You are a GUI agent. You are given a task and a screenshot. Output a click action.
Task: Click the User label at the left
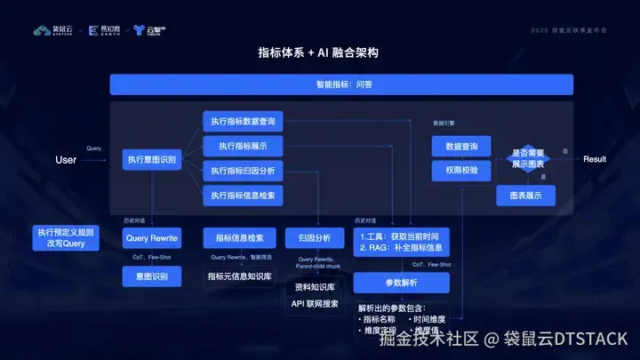pos(66,160)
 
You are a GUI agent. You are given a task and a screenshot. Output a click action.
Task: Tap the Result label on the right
pos(595,159)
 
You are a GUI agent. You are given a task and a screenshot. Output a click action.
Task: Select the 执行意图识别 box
pos(152,160)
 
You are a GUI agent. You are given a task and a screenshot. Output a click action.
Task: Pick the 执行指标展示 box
pos(243,146)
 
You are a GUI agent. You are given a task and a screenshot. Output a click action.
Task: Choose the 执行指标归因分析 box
pos(243,171)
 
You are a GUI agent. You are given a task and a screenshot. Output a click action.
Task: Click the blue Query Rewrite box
pos(152,238)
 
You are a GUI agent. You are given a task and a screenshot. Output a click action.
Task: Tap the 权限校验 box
pos(461,170)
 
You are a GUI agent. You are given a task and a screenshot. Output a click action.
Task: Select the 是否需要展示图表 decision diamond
pos(528,159)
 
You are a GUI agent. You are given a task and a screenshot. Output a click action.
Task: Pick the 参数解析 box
pos(402,284)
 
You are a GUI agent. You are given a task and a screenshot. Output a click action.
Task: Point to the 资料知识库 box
pos(315,287)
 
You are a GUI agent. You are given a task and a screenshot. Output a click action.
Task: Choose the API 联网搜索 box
pos(315,304)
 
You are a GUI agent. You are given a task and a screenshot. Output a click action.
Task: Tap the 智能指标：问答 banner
pos(341,84)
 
